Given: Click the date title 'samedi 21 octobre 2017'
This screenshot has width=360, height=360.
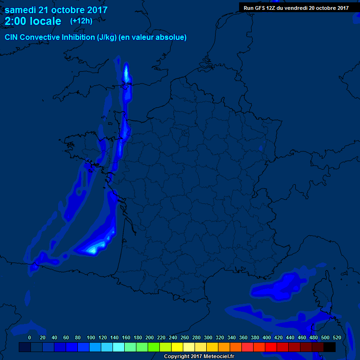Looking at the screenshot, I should (x=56, y=10).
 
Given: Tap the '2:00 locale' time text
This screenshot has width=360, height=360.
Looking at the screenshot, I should (x=33, y=21).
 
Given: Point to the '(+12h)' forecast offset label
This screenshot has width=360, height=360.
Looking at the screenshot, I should (x=81, y=21).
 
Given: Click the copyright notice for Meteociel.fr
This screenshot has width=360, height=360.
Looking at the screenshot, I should (x=198, y=356).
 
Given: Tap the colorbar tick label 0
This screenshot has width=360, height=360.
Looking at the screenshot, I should (x=30, y=337).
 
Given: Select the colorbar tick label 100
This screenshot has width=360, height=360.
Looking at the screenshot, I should (x=91, y=337).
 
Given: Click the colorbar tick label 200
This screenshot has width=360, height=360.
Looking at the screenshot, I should (x=150, y=337).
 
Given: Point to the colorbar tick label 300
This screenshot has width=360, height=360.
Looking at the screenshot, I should (x=208, y=337).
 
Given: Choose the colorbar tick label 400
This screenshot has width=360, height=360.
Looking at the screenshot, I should (x=267, y=337).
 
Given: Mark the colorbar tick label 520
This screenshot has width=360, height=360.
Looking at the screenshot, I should (x=337, y=337).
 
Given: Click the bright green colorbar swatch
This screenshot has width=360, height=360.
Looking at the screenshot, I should (x=154, y=347).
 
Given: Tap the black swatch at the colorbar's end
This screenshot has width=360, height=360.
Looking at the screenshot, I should (x=330, y=347).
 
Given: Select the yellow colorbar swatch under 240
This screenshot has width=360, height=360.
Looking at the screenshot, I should (x=177, y=347).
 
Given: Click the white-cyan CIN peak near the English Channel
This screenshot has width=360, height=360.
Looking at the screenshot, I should (x=126, y=73).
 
